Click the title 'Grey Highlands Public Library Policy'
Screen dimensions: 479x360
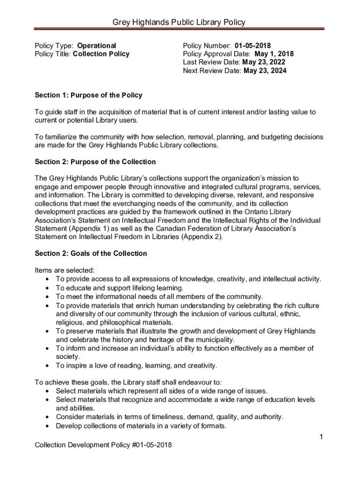pos(180,22)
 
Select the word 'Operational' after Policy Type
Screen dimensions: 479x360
pos(96,45)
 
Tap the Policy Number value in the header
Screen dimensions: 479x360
pos(252,45)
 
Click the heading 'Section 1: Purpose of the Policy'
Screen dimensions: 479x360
pos(88,95)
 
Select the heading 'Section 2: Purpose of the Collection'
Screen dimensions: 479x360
pos(95,162)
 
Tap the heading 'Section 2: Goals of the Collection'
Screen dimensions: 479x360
pos(91,254)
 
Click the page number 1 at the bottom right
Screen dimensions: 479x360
pos(322,437)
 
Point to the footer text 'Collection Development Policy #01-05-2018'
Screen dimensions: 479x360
pos(103,445)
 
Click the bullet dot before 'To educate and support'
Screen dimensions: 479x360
pos(48,288)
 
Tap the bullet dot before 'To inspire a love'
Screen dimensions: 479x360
pos(48,366)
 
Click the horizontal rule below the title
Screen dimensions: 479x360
pos(180,29)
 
